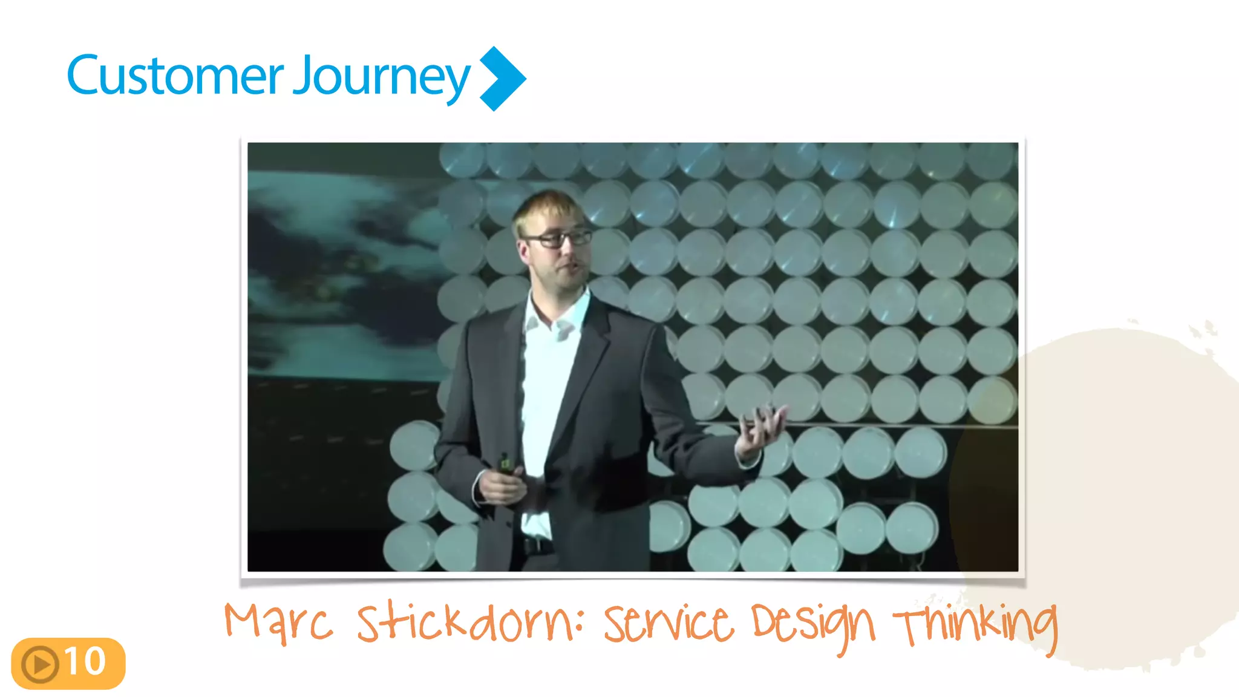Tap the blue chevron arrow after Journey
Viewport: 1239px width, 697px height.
(x=502, y=79)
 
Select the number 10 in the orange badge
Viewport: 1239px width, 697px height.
(x=85, y=661)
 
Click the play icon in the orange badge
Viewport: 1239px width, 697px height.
(x=40, y=664)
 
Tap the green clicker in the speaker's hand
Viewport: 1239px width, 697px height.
(x=504, y=463)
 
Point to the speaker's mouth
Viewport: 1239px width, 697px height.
(x=572, y=267)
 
